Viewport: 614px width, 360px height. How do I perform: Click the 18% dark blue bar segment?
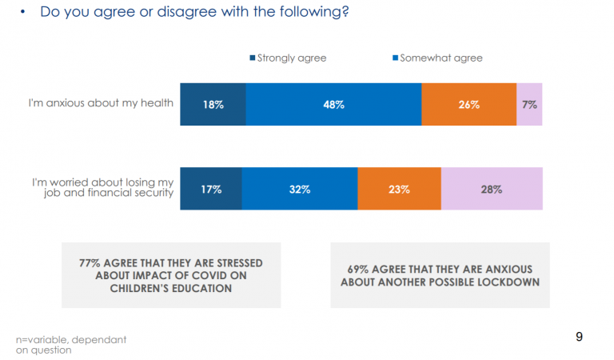pos(213,104)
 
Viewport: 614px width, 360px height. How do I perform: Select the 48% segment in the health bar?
pos(333,104)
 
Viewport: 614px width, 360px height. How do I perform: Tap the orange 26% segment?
pos(468,104)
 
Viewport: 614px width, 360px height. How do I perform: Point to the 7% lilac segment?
pos(529,104)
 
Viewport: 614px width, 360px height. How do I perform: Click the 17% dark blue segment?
pos(211,189)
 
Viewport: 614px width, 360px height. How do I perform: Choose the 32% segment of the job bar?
pos(300,189)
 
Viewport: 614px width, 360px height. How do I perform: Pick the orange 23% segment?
pos(399,189)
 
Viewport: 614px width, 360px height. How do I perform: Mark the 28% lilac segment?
pos(492,189)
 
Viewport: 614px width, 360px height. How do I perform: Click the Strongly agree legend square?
pos(253,58)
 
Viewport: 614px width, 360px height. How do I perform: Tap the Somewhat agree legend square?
pos(393,58)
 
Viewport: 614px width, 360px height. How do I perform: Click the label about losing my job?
pos(103,189)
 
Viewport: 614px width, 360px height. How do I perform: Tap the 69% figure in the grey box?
pos(359,270)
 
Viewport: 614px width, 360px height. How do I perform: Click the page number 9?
pos(580,337)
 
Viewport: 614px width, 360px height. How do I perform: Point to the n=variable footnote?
pos(71,345)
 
